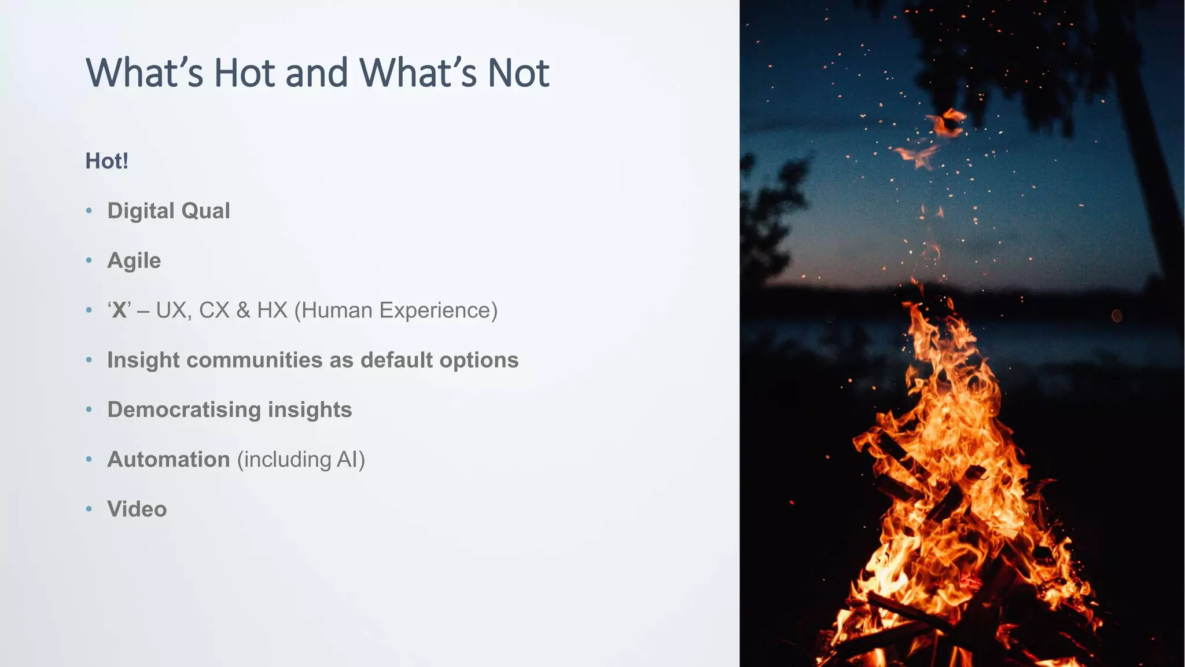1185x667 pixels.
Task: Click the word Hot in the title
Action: coord(244,73)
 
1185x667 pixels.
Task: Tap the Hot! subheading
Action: coord(106,161)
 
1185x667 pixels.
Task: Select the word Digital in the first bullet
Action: coord(141,211)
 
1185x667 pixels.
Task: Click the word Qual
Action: coord(205,211)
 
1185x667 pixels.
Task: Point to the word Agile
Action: coord(134,261)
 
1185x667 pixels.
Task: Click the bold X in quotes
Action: coord(119,310)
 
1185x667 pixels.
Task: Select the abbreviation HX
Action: coord(272,310)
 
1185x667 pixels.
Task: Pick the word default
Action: coord(396,360)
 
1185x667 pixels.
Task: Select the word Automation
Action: coord(168,460)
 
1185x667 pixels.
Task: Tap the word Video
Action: coord(137,510)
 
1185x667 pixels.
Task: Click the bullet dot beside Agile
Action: coord(89,261)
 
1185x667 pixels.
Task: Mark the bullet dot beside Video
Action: coord(89,510)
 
